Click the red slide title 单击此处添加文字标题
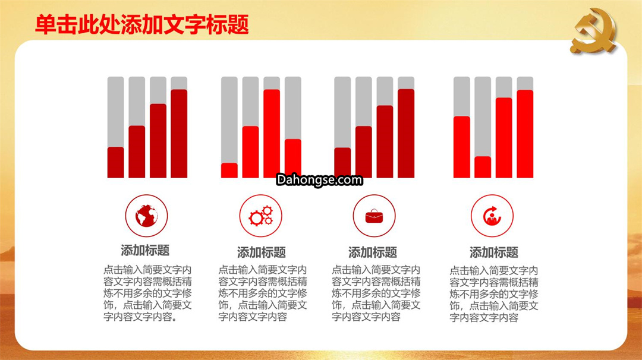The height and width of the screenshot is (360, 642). pyautogui.click(x=142, y=24)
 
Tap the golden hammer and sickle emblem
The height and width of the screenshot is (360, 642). pyautogui.click(x=594, y=31)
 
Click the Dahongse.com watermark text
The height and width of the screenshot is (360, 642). pyautogui.click(x=319, y=179)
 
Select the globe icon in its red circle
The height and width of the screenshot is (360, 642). pyautogui.click(x=147, y=216)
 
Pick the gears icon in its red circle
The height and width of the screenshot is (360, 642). pyautogui.click(x=261, y=216)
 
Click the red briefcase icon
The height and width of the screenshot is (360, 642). pyautogui.click(x=374, y=216)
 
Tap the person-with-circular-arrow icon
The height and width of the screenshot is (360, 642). pyautogui.click(x=492, y=216)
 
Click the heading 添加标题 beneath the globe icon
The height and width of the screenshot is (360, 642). pyautogui.click(x=145, y=250)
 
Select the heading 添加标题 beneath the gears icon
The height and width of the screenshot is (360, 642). pyautogui.click(x=261, y=252)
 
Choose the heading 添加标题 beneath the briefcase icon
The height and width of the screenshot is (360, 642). pyautogui.click(x=373, y=252)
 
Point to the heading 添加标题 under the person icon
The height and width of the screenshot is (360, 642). pyautogui.click(x=494, y=252)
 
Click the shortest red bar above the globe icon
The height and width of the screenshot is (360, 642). pyautogui.click(x=115, y=162)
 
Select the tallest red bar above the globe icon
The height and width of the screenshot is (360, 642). pyautogui.click(x=179, y=134)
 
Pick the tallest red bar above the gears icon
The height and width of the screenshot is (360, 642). pyautogui.click(x=272, y=134)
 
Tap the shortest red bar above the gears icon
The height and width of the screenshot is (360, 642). pyautogui.click(x=229, y=170)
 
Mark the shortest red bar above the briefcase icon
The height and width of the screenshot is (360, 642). pyautogui.click(x=342, y=163)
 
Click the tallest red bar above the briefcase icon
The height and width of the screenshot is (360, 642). pyautogui.click(x=406, y=133)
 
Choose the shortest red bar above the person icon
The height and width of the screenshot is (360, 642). pyautogui.click(x=483, y=168)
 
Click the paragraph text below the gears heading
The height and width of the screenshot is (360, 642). pyautogui.click(x=263, y=293)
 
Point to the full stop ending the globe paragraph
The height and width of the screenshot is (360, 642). pyautogui.click(x=175, y=318)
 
